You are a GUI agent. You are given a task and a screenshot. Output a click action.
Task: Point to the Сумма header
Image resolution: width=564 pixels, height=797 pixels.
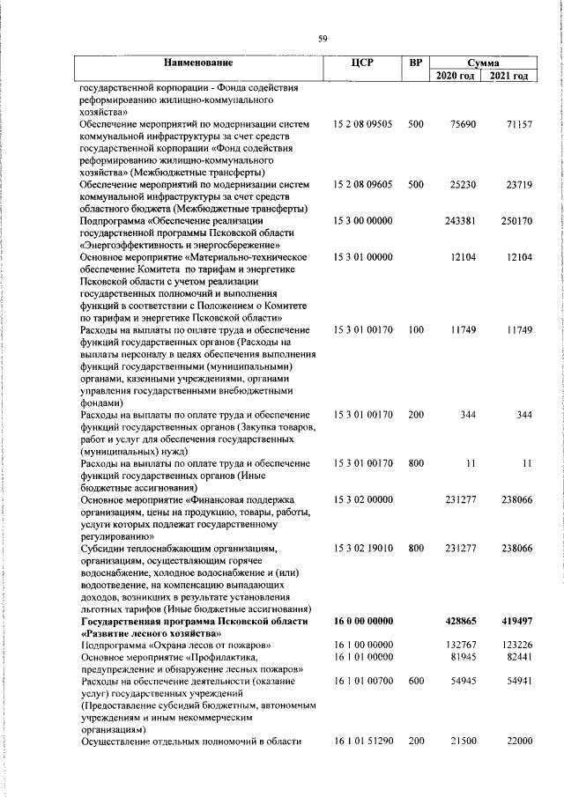pos(483,63)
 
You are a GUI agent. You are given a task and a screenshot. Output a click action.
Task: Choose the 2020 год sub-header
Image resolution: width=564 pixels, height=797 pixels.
pos(456,77)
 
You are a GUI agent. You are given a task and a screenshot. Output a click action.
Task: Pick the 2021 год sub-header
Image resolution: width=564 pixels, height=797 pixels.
pos(510,77)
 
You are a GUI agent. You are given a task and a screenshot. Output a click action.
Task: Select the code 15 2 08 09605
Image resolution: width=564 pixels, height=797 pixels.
pos(363,185)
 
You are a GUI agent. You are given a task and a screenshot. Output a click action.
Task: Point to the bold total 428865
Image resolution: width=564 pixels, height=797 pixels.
pos(462,621)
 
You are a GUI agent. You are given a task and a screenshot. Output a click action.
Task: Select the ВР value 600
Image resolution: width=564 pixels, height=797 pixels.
pos(416,682)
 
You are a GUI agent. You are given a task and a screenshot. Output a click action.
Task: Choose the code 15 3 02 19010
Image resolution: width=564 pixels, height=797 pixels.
pos(363,548)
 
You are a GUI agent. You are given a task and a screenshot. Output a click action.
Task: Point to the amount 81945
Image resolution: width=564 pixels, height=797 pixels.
pos(463,657)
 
